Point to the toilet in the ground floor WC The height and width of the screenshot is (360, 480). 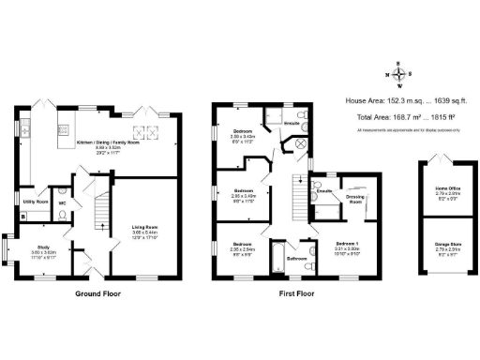pos(63,215)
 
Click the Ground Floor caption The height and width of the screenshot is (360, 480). pos(97,292)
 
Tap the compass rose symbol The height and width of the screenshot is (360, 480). pos(398,76)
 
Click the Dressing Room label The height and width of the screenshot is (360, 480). pos(355,199)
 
